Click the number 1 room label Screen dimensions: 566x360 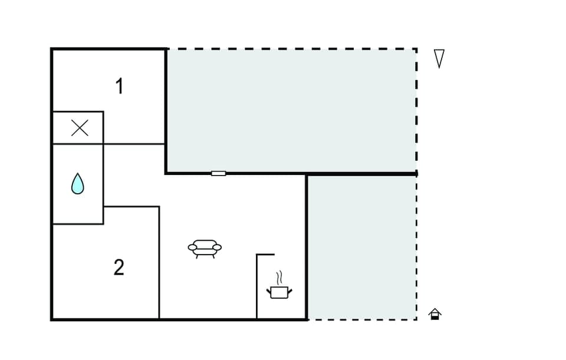click(x=119, y=87)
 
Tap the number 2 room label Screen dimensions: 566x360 click(x=119, y=267)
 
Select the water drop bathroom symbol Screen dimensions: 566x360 click(x=78, y=184)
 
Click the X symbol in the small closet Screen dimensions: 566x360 click(x=80, y=128)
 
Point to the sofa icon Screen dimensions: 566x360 click(x=205, y=248)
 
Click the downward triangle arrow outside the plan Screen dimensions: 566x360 click(x=439, y=58)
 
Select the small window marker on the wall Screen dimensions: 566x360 click(x=218, y=173)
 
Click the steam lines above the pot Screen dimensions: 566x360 click(x=281, y=276)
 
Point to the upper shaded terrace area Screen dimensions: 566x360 click(x=292, y=110)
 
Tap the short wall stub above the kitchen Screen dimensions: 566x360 click(x=265, y=255)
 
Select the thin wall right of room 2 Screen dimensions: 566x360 click(x=159, y=262)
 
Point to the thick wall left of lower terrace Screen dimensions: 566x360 click(x=307, y=247)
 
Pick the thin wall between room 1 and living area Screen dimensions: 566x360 click(x=134, y=144)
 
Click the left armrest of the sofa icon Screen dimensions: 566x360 click(x=192, y=247)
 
